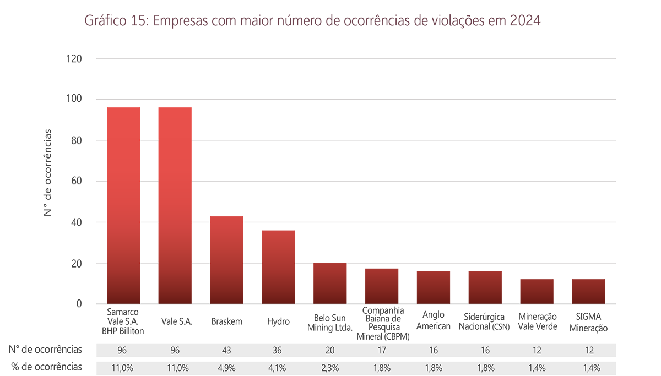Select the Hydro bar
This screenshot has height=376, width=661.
tap(278, 267)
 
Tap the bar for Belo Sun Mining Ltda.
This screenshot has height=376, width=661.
tap(330, 284)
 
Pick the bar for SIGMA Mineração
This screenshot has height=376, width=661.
tap(588, 292)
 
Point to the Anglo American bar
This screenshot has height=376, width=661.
tap(434, 287)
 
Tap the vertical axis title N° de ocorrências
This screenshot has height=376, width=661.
tap(48, 172)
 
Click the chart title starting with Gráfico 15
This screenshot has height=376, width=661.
tap(313, 21)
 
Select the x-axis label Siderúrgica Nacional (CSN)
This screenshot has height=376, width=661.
tap(485, 321)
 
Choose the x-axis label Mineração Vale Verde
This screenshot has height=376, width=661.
tap(537, 321)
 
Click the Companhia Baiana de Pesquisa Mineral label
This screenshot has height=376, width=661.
tap(383, 324)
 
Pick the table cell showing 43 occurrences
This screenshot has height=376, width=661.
tap(226, 350)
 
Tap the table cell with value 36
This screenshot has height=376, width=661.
tap(278, 350)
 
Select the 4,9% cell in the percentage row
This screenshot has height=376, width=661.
tap(226, 367)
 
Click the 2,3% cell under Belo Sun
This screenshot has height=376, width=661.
tap(330, 367)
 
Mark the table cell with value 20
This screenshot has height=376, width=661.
tap(330, 350)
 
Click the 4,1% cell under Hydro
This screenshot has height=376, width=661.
tap(278, 367)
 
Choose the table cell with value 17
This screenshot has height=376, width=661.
tap(382, 350)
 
